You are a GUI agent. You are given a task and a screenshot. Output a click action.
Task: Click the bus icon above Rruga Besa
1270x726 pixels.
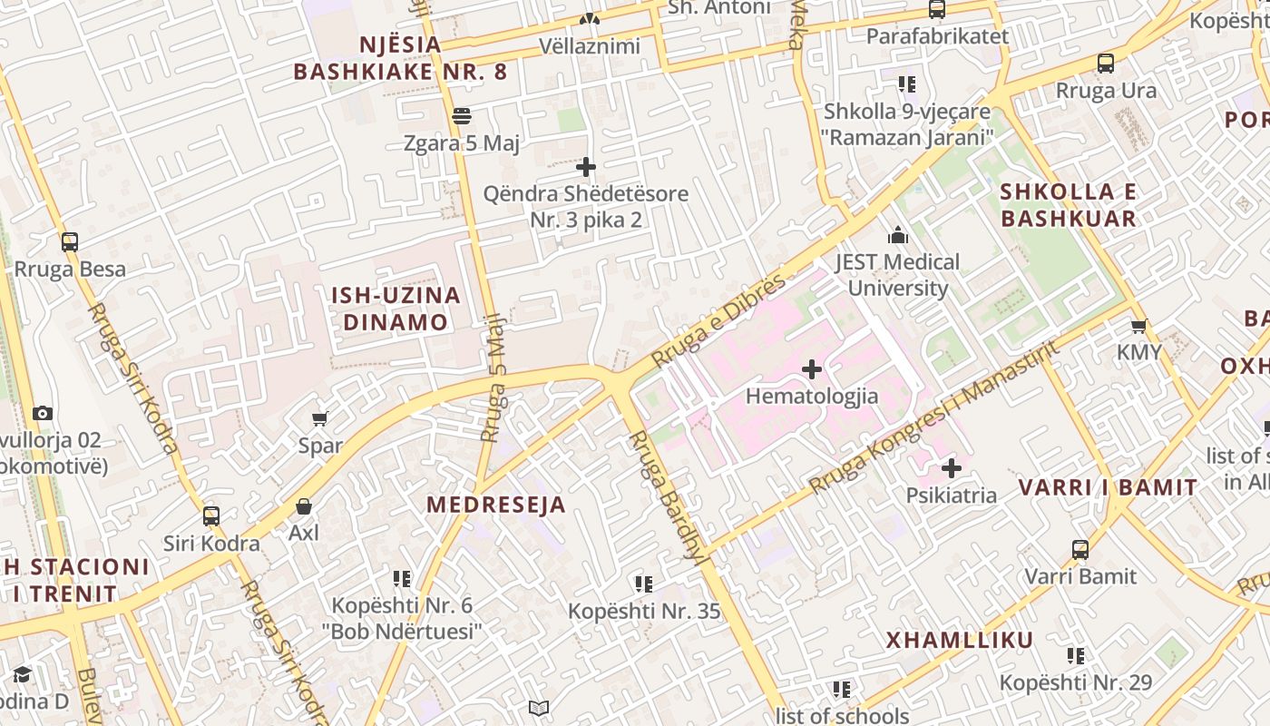[70, 242]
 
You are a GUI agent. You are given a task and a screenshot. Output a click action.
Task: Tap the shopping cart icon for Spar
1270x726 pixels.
[319, 418]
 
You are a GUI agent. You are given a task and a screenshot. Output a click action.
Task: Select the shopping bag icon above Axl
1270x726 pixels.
[304, 505]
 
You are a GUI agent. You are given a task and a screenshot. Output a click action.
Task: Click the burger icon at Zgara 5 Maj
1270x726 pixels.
[462, 116]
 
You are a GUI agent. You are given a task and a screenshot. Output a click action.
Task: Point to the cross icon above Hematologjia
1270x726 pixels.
[812, 369]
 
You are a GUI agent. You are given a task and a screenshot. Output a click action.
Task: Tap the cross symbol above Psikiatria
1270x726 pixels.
[951, 468]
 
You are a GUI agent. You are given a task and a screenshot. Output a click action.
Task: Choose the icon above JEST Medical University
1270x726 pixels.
[898, 236]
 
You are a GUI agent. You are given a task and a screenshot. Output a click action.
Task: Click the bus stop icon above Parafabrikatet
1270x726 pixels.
[937, 10]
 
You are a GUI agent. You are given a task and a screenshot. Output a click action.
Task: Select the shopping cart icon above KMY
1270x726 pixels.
[1138, 326]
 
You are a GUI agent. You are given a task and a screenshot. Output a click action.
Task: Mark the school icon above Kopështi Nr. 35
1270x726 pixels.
[644, 584]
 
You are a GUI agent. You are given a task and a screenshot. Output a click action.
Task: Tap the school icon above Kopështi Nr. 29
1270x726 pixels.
[1076, 655]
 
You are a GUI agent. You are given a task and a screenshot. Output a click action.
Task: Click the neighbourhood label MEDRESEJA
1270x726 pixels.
[496, 505]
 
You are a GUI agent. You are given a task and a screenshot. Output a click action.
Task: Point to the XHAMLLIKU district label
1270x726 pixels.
[960, 641]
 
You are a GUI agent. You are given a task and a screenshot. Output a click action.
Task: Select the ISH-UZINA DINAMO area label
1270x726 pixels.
[396, 309]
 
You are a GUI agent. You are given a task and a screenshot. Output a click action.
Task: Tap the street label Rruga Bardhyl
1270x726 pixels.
[669, 498]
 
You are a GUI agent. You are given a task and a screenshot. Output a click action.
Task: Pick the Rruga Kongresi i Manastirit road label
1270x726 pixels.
[934, 418]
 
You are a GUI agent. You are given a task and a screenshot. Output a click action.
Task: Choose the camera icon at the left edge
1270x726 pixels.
[43, 414]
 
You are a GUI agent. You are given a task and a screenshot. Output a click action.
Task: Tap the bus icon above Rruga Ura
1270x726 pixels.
[1106, 64]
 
